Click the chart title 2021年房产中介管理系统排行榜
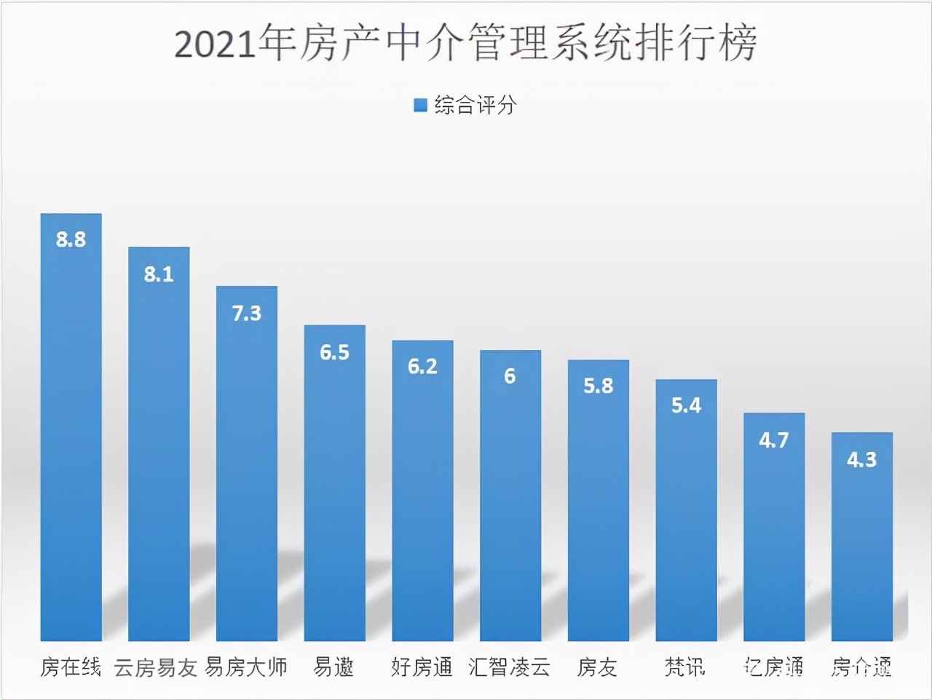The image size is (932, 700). pyautogui.click(x=466, y=44)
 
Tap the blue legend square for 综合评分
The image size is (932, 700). pyautogui.click(x=420, y=106)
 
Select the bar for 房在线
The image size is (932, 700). pyautogui.click(x=71, y=437)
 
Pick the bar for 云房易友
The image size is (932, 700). pyautogui.click(x=159, y=451)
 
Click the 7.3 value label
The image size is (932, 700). pyautogui.click(x=247, y=314)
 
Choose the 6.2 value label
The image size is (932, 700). pyautogui.click(x=422, y=366)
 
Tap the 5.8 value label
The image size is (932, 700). pyautogui.click(x=598, y=386)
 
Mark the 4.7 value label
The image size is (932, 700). pyautogui.click(x=773, y=440)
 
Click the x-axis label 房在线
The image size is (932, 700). pyautogui.click(x=71, y=667)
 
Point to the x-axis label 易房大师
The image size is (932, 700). pyautogui.click(x=246, y=667)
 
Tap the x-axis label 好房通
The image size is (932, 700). pyautogui.click(x=422, y=667)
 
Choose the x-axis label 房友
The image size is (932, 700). pyautogui.click(x=597, y=667)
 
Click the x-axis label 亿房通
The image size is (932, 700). pyautogui.click(x=773, y=667)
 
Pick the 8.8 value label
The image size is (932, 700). pyautogui.click(x=71, y=239)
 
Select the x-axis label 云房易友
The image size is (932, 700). pyautogui.click(x=156, y=667)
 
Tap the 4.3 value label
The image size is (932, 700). pyautogui.click(x=861, y=459)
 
